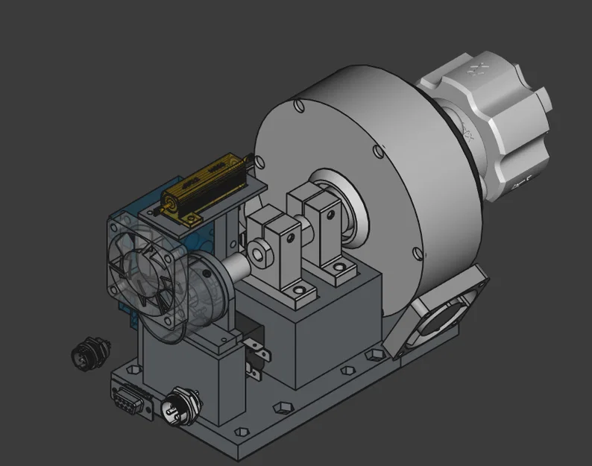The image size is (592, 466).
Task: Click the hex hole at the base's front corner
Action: (x=242, y=432)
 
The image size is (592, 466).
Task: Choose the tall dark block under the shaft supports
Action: (x=328, y=328)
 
